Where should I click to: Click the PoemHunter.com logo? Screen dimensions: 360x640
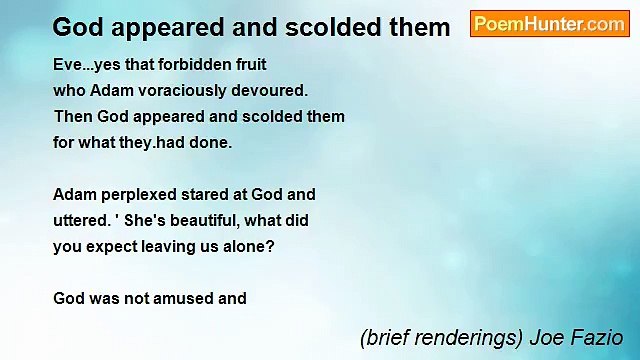point(549,24)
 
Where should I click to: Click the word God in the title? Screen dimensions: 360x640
point(77,27)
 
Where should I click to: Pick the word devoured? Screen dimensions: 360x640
point(271,90)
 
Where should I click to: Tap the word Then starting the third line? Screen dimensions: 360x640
point(72,116)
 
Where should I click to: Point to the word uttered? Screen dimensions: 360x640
point(80,220)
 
